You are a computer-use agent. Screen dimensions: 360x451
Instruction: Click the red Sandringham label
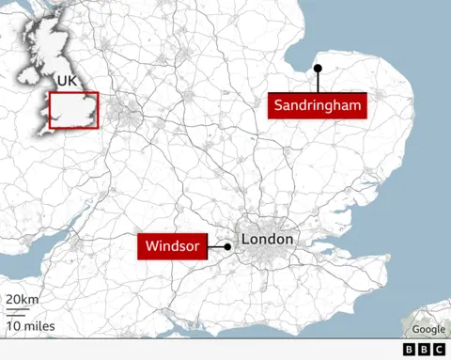317,105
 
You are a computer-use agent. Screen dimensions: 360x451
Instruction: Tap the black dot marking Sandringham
319,68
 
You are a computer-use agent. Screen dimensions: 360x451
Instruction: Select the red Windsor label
171,247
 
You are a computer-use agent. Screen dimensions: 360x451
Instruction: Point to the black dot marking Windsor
227,247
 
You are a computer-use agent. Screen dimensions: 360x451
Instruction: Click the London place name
268,240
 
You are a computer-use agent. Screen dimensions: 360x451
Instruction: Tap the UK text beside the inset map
66,81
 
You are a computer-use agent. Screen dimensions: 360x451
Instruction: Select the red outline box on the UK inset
73,110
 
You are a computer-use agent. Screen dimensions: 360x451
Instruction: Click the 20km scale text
23,300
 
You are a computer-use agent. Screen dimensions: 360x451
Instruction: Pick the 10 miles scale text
30,326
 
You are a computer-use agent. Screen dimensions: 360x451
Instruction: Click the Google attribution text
428,329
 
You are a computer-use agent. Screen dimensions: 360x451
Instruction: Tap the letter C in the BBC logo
439,349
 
